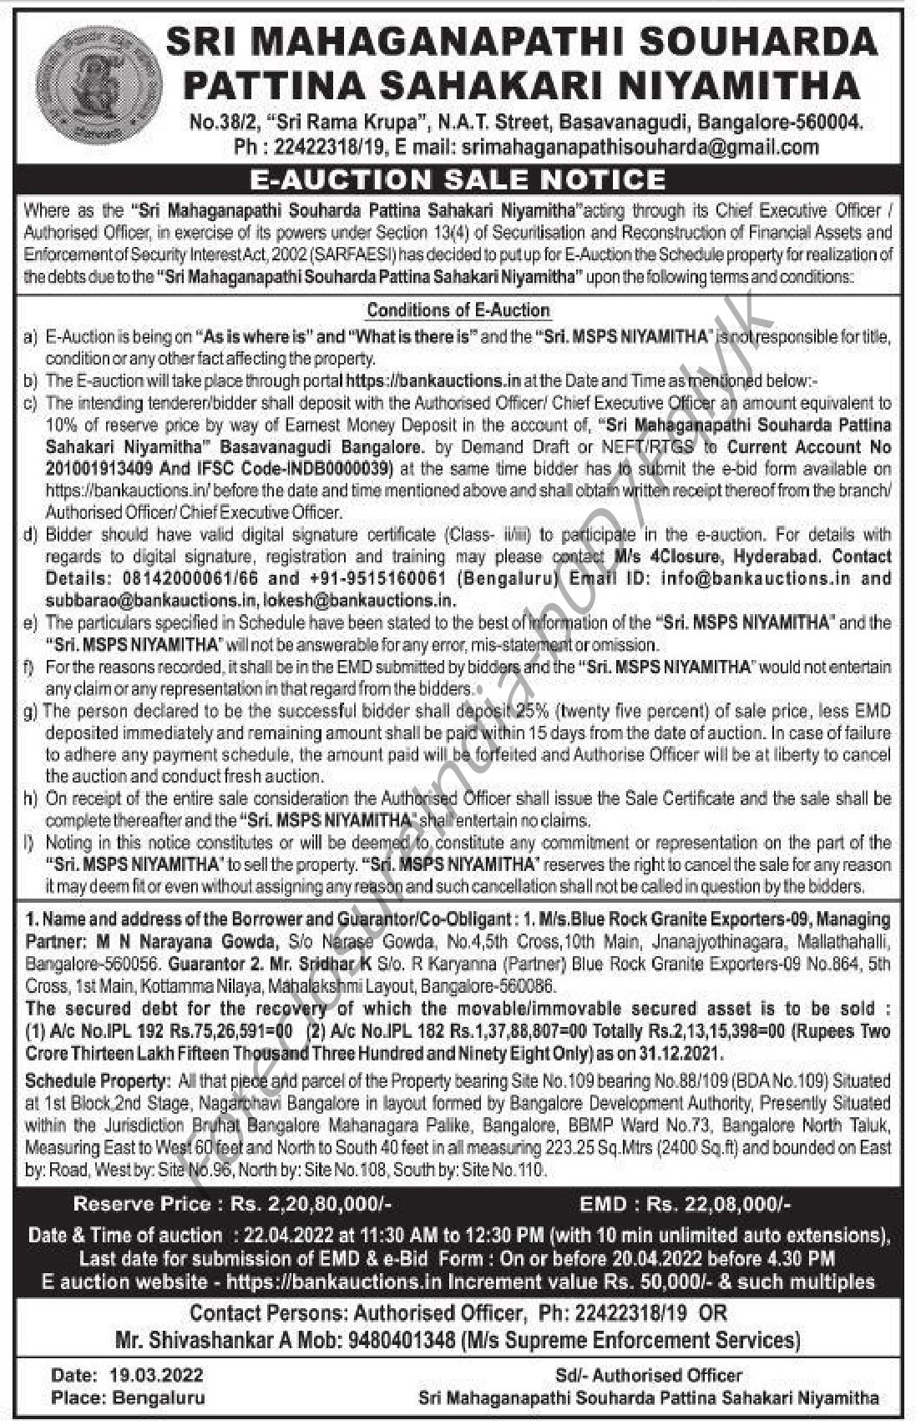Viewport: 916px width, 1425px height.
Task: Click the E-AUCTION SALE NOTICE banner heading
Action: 458,179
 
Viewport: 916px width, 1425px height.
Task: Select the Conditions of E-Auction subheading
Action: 458,310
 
